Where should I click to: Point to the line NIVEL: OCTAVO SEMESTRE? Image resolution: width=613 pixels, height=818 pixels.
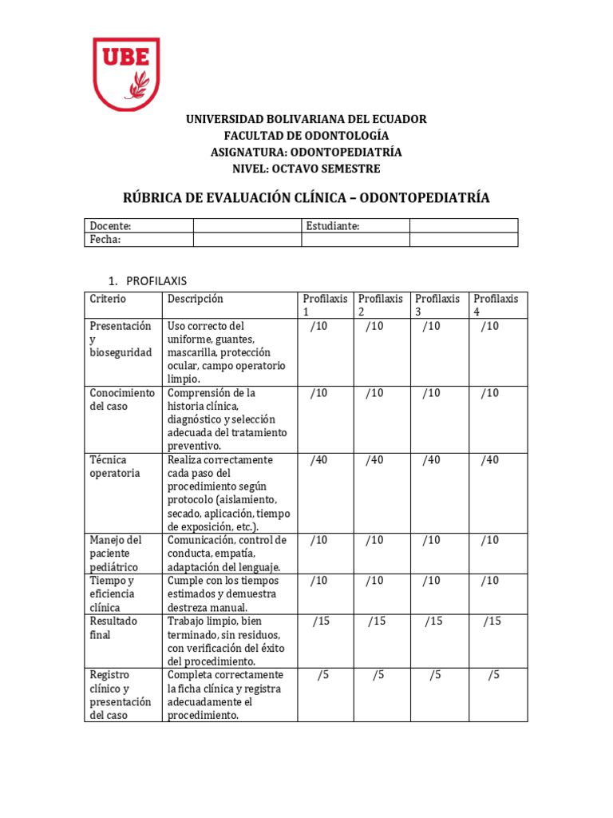tap(306, 169)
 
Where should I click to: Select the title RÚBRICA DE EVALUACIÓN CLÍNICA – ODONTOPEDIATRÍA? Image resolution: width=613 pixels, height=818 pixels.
tap(306, 197)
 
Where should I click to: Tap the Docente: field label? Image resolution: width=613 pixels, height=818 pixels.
tap(110, 226)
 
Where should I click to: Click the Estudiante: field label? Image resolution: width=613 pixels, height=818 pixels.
tap(333, 226)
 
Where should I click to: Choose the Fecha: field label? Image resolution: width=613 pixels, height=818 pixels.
tap(105, 240)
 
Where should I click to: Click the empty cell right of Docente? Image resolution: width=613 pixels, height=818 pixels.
tap(247, 226)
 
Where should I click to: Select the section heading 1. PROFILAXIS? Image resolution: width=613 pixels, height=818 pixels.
tap(148, 280)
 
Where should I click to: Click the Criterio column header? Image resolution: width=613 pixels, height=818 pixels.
tap(108, 299)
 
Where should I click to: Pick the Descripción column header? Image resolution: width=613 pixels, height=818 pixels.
tap(196, 299)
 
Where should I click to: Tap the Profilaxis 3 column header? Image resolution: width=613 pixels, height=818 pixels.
tap(437, 305)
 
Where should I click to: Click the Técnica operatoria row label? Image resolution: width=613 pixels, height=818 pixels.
tap(115, 467)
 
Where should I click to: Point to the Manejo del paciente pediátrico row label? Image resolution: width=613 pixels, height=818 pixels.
tap(115, 553)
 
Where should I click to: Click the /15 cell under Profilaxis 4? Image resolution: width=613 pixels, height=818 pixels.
tap(492, 621)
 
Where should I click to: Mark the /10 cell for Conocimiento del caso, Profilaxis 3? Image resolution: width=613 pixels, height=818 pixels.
tap(431, 393)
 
